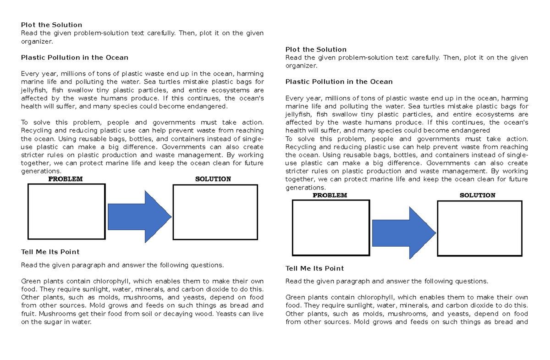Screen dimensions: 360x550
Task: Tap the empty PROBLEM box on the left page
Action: [66, 211]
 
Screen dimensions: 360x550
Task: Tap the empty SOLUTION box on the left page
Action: [215, 212]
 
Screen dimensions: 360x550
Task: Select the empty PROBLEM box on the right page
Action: [331, 227]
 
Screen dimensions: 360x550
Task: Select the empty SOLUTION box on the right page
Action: [479, 228]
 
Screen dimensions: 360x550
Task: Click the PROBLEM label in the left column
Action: [66, 179]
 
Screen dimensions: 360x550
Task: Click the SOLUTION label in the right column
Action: [478, 195]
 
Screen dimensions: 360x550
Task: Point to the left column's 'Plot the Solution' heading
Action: [52, 25]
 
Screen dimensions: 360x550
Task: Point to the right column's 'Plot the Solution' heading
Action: [316, 49]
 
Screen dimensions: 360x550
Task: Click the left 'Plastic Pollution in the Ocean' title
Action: [75, 57]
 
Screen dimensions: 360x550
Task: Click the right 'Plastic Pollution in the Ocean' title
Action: [339, 82]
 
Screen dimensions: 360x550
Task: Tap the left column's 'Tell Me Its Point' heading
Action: [50, 252]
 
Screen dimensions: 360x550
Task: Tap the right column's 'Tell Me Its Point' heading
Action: [314, 268]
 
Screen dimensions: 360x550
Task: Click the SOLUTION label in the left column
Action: [213, 179]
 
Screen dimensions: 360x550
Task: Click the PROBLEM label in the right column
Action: [330, 195]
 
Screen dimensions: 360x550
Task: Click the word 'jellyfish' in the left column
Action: [34, 90]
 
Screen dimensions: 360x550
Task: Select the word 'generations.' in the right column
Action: [305, 188]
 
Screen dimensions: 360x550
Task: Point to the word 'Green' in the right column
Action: [295, 297]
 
